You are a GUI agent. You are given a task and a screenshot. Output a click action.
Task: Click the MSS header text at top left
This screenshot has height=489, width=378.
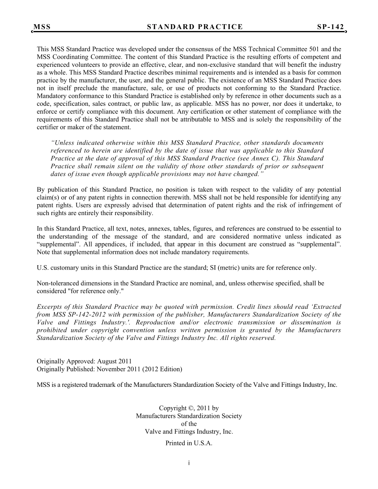point(42,27)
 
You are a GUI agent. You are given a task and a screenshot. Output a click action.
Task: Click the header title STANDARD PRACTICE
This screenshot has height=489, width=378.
point(195,27)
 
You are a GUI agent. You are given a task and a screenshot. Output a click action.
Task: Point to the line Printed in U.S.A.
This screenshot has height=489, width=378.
point(189,443)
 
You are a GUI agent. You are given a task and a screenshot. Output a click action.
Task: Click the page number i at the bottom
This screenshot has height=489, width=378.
point(189,463)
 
